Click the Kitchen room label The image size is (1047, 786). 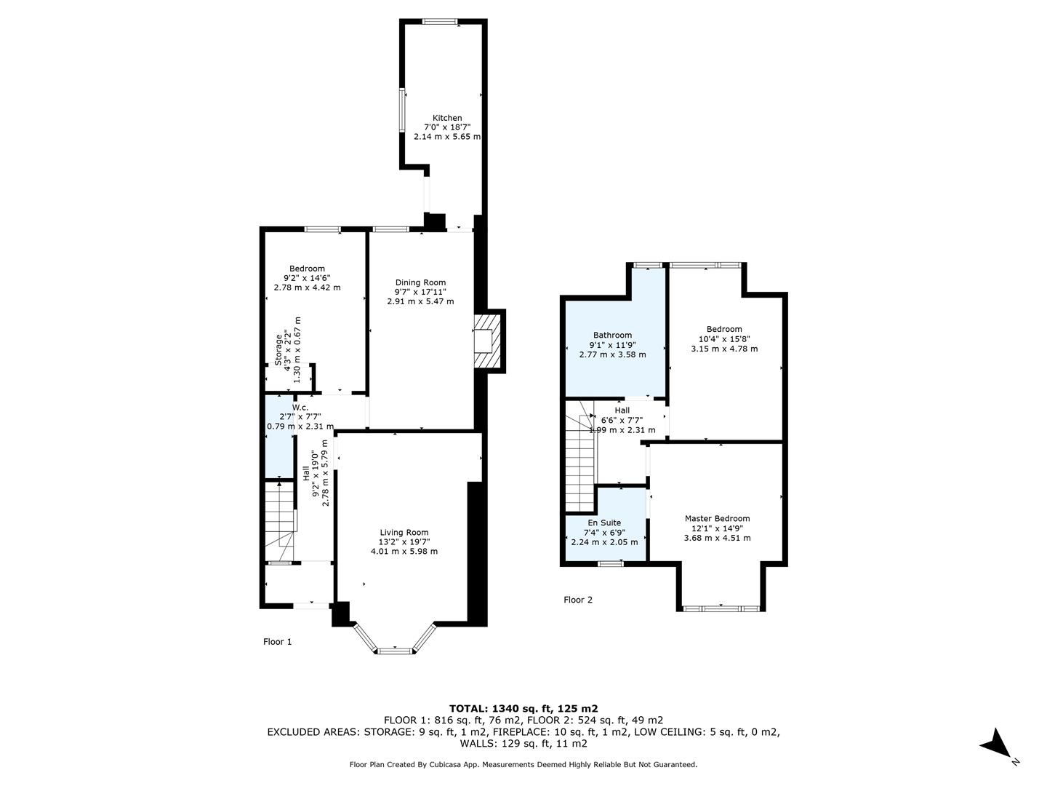click(x=447, y=118)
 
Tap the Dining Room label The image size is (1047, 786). click(x=420, y=282)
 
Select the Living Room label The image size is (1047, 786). click(x=404, y=532)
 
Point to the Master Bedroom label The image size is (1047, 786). click(x=717, y=518)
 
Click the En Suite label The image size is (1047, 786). click(x=604, y=523)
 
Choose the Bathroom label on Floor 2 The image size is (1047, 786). click(x=612, y=335)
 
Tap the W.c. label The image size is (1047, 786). click(x=300, y=407)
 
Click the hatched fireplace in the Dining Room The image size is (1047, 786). click(x=487, y=341)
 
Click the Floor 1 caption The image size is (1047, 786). click(x=277, y=641)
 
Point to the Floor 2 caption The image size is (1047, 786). click(x=577, y=600)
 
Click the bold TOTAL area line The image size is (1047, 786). click(x=523, y=708)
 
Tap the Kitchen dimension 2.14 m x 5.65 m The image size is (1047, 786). click(x=447, y=137)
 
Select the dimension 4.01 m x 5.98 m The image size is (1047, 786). click(x=404, y=551)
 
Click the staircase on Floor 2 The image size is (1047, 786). click(x=580, y=456)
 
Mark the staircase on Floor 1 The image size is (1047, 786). click(x=280, y=521)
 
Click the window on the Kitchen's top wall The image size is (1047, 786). click(x=440, y=22)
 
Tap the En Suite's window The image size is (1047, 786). click(x=611, y=563)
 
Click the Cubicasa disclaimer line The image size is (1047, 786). click(x=523, y=764)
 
